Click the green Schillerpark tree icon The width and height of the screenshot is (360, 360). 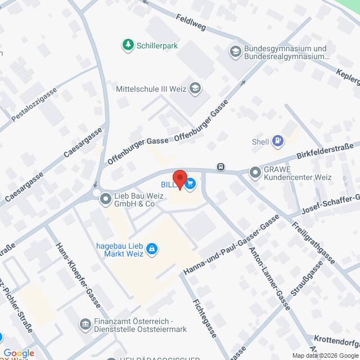tap(129, 44)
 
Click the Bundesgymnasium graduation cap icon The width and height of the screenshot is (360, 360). tap(235, 52)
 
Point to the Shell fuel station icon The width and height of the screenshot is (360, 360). tap(277, 141)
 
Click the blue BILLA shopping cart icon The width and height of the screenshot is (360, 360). tap(191, 183)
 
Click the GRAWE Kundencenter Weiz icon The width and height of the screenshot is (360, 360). tap(255, 173)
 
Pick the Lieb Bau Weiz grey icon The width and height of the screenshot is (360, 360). tap(105, 199)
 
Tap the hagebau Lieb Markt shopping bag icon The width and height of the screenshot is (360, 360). tap(151, 248)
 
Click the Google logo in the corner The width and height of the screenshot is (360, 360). tap(19, 353)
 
